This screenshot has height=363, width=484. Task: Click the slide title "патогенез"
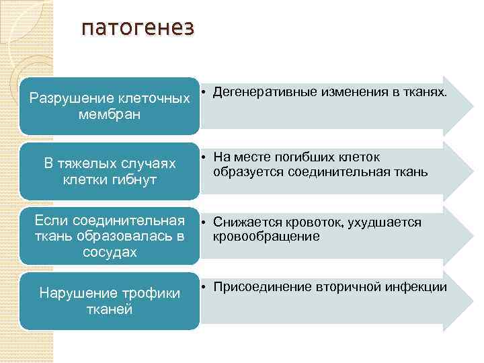click(x=137, y=28)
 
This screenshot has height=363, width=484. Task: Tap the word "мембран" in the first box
click(x=109, y=115)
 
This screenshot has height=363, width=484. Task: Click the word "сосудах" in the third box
click(x=110, y=252)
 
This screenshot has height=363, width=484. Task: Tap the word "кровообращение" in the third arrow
click(x=266, y=236)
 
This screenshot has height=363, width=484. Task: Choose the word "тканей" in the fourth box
click(x=110, y=309)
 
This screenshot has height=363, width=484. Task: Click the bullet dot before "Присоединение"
click(x=204, y=288)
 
